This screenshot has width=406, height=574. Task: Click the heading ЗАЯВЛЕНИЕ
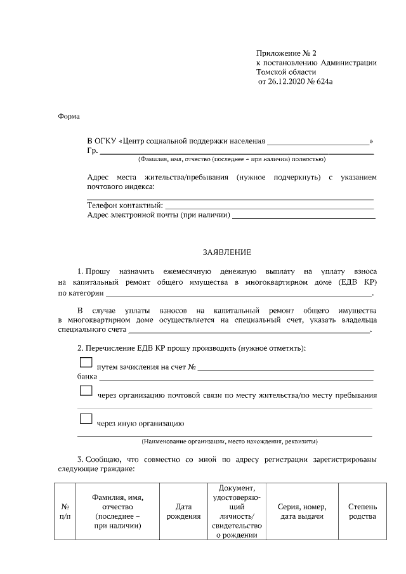coord(226,252)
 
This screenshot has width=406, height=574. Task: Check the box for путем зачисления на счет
coord(86,363)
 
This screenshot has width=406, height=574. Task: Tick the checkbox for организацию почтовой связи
coord(86,391)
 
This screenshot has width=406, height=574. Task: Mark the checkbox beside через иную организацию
coord(86,419)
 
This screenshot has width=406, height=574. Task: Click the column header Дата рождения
coord(183,512)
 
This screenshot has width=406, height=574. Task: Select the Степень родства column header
coord(362,512)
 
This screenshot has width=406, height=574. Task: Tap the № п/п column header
coord(64,512)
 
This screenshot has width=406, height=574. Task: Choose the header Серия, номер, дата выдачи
coord(302,512)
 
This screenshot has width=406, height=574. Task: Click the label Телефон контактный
coord(124,205)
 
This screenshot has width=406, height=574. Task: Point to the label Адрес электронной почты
coord(158,215)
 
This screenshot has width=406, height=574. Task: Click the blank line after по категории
coord(238,294)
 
